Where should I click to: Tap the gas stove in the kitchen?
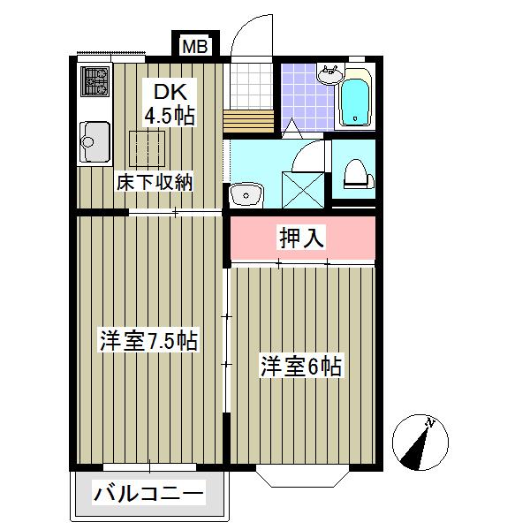pos(95,82)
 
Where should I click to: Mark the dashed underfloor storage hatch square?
pos(147,147)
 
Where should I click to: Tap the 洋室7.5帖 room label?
pos(148,340)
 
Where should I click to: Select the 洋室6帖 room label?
pos(300,364)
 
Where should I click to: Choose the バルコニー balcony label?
pos(149,492)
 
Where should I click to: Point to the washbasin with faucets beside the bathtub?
pos(331,74)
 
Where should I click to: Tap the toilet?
pos(356,173)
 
